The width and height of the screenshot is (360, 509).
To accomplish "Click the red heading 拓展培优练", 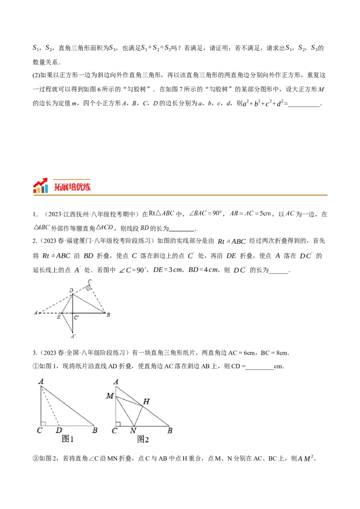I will point(72,187).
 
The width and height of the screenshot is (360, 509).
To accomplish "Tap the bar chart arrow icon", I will point(40,186).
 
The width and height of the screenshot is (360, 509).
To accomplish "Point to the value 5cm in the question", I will point(266,214).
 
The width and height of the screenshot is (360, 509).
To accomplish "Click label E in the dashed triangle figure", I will point(58,317).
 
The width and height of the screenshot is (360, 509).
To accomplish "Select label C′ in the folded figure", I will point(77,318).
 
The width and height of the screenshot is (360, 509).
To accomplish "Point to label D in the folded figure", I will point(71,291).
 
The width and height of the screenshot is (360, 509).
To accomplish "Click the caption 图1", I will point(67,439).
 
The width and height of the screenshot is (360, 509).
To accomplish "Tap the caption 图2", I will point(143,439).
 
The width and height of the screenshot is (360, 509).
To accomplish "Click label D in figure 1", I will point(59,430).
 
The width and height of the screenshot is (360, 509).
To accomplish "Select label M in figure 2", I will point(110,396).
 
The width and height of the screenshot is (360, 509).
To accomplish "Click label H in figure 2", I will point(146,401).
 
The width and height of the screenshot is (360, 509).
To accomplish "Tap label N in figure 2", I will point(133,430).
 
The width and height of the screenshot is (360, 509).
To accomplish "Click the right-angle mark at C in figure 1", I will point(43,423).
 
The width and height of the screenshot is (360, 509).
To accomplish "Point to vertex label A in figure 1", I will point(41,382).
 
